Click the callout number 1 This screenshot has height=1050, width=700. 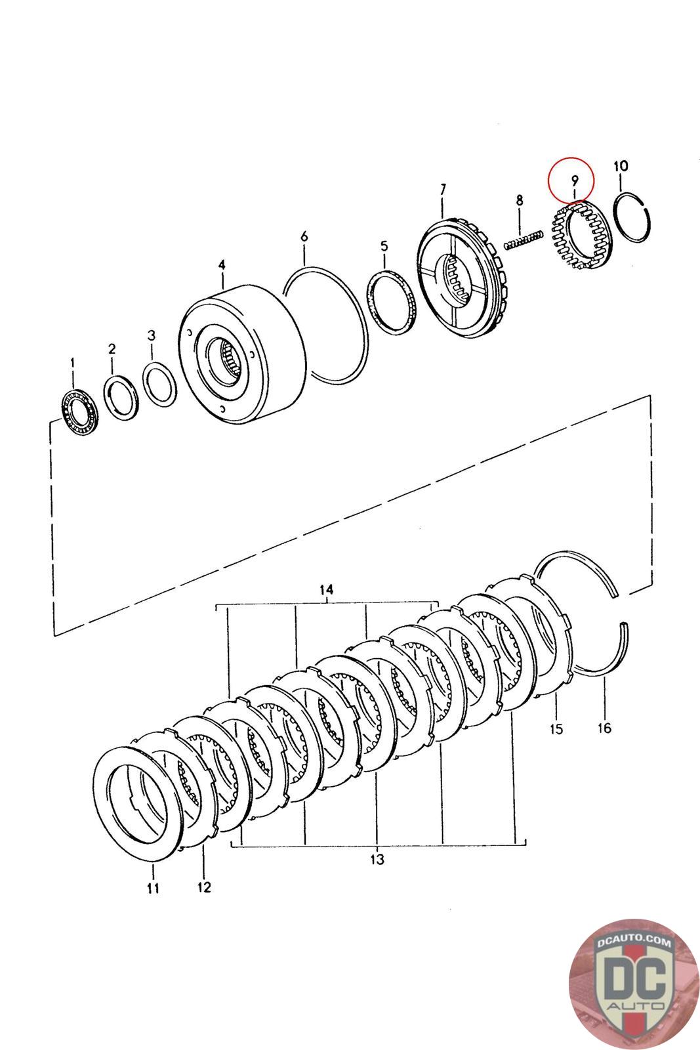(x=72, y=362)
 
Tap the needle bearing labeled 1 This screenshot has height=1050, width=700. (x=79, y=411)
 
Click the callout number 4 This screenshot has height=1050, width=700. (x=222, y=264)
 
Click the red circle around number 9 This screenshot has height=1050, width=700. (x=571, y=178)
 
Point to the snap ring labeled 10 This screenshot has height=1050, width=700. (x=634, y=217)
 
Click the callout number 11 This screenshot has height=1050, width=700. (x=153, y=889)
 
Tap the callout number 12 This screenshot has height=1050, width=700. (x=203, y=887)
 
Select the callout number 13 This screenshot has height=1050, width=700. (x=377, y=859)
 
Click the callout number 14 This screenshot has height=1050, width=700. (x=327, y=590)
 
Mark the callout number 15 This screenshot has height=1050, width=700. (x=556, y=729)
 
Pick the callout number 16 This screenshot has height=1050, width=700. (x=604, y=728)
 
